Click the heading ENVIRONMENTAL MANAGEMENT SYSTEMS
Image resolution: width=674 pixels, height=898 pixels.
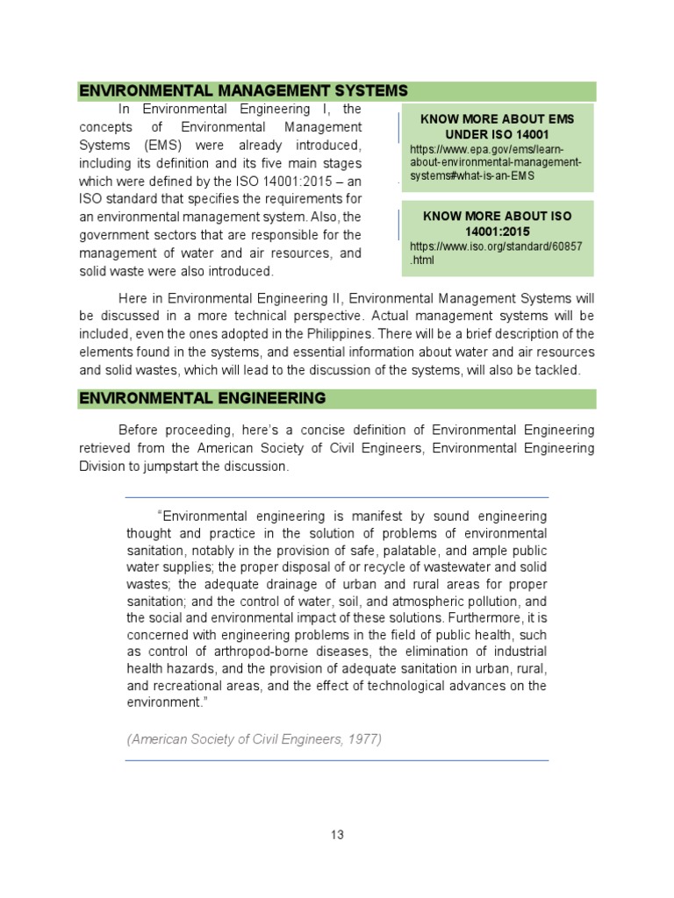[243, 90]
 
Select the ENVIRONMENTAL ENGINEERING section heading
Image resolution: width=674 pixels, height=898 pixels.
[202, 398]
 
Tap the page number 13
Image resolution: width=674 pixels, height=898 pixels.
[337, 834]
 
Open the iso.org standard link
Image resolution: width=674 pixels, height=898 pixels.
[495, 254]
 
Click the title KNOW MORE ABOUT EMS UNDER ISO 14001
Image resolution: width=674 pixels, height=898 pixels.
[497, 126]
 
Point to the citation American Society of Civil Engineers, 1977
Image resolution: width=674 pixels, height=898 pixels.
[255, 738]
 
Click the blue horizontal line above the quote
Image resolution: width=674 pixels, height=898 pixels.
[337, 497]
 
